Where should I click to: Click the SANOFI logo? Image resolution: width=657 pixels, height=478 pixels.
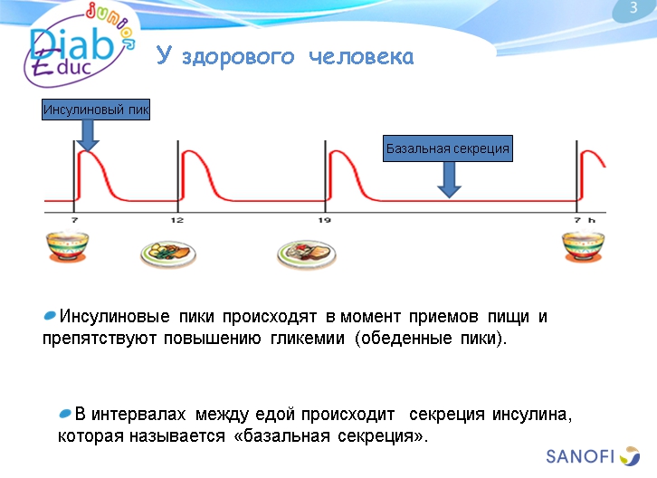(593, 454)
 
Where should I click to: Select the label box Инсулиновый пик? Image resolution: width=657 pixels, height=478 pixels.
(96, 110)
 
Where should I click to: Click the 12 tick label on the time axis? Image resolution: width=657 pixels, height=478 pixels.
(177, 220)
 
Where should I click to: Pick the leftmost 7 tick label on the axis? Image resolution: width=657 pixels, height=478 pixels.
(74, 220)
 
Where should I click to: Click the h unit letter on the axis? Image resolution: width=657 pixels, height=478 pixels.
(592, 220)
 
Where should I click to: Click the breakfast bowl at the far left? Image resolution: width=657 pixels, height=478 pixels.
(67, 247)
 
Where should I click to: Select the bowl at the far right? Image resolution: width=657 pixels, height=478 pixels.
(583, 247)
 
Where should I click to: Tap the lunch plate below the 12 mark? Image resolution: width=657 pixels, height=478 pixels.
(169, 253)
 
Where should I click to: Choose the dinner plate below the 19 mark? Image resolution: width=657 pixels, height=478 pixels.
(307, 253)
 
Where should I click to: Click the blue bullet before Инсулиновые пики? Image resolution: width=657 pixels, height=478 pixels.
(50, 317)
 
